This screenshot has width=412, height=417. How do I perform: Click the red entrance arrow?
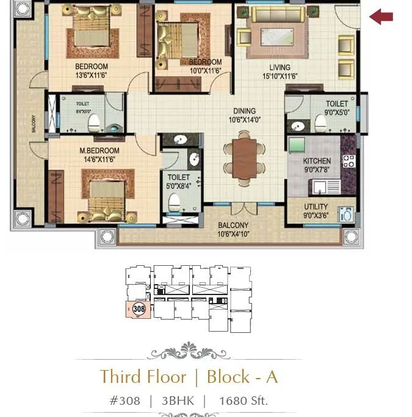[x=381, y=16]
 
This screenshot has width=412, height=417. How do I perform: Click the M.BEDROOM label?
[x=99, y=151]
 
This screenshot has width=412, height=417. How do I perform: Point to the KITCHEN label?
[x=317, y=162]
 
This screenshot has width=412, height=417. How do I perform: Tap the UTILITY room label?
[x=316, y=207]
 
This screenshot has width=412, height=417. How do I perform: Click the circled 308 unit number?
[x=139, y=309]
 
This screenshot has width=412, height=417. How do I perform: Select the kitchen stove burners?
[x=349, y=161]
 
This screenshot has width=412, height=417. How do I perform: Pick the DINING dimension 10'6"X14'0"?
[x=244, y=120]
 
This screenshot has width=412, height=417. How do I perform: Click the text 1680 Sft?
[x=243, y=401]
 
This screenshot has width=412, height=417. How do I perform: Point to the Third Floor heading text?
[x=143, y=376]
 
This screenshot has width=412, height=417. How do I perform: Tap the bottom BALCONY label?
[x=233, y=226]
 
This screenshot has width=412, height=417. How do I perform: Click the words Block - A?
[x=242, y=376]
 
